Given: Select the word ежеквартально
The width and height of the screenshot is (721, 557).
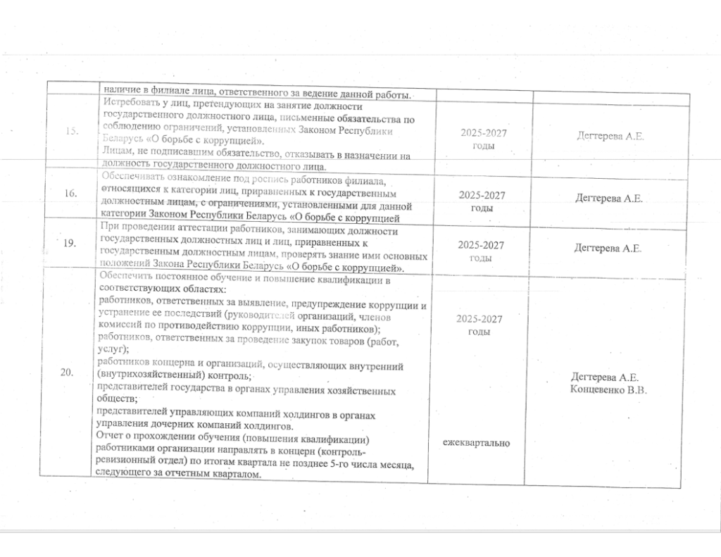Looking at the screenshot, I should click(477, 443).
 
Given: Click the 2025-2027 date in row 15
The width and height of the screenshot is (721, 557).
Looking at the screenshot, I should click(484, 133).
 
